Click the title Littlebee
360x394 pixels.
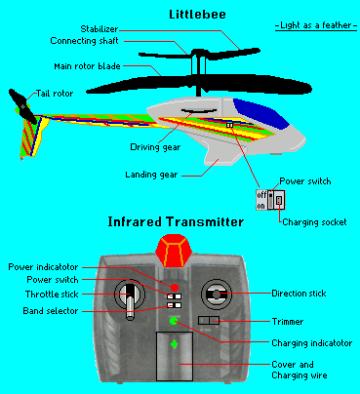coord(197,15)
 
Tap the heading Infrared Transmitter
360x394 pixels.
coord(176,221)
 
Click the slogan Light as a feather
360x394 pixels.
coord(316,25)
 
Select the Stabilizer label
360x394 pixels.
coord(100,29)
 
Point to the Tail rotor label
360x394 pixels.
coord(55,94)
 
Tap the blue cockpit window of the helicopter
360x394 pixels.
coord(261,113)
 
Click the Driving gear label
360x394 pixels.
coord(155,147)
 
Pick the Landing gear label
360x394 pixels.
coord(151,175)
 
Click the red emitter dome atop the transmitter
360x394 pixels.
coord(174,251)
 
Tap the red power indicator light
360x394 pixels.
coord(175,288)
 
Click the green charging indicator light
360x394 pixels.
coord(174,321)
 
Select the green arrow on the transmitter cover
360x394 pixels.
coord(175,344)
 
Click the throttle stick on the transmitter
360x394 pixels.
coord(130,300)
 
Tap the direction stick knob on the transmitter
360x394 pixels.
coord(217,295)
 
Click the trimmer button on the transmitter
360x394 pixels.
coord(209,321)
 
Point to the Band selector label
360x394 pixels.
coord(51,311)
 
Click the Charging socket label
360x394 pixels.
coord(314,222)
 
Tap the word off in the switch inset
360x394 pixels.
coord(261,195)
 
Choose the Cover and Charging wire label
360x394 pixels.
coord(300,370)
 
